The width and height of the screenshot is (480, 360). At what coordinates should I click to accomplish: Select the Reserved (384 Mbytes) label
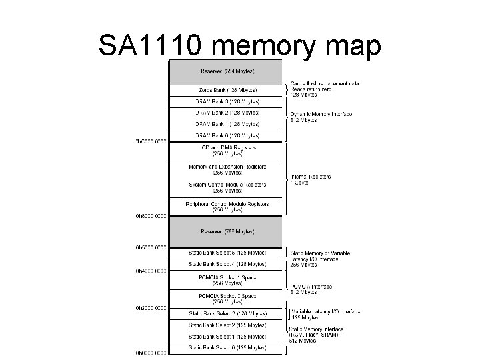(x=227, y=71)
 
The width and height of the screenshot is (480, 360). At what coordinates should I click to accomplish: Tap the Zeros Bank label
(x=227, y=90)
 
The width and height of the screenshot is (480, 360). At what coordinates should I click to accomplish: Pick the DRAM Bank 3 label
(x=227, y=101)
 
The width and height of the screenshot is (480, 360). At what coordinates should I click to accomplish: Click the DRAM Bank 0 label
(x=227, y=135)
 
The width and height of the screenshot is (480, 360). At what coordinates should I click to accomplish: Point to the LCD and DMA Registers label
(x=227, y=150)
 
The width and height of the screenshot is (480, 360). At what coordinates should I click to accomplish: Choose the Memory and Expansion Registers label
(x=227, y=169)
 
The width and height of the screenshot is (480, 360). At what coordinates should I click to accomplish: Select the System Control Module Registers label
(x=227, y=188)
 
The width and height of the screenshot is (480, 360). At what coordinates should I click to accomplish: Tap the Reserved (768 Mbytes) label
(x=227, y=231)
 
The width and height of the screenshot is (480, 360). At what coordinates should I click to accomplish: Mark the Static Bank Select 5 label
(x=227, y=253)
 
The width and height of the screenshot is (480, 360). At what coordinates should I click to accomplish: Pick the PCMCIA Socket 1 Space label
(x=227, y=280)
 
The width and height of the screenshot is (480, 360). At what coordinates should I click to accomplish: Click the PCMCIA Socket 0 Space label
(x=227, y=298)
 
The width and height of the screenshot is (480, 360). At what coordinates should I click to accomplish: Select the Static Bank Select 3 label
(x=227, y=313)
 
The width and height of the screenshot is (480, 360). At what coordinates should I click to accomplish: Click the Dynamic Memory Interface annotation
(x=321, y=117)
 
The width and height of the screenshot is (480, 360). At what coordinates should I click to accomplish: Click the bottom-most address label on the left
(x=151, y=353)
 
